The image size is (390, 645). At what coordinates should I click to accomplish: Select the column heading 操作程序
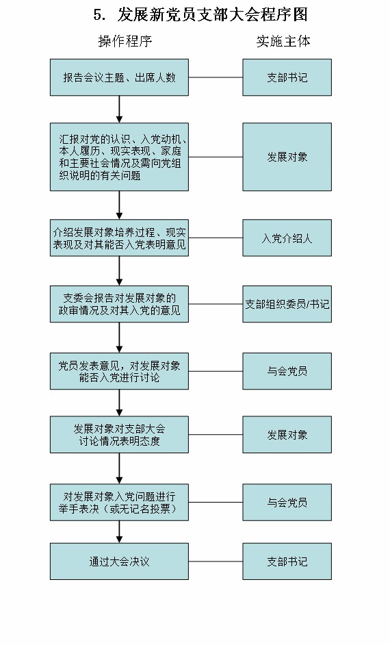125,41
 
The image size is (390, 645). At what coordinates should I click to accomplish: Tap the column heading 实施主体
283,41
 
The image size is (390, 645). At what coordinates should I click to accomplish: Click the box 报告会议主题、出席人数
119,77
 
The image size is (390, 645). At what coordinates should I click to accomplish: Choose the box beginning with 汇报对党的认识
119,157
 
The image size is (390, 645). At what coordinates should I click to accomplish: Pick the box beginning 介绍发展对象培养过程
119,238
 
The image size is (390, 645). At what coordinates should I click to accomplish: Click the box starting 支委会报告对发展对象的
119,304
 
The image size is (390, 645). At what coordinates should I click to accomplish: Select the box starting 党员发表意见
119,371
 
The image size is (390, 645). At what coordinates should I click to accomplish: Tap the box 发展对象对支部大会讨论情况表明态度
119,435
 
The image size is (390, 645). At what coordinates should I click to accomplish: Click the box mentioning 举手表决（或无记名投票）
119,503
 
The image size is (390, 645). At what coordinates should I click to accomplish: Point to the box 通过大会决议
119,561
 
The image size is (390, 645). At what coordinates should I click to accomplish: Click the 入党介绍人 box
287,238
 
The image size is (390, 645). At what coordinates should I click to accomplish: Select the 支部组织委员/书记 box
287,304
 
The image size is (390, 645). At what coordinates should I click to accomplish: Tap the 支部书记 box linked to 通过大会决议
287,561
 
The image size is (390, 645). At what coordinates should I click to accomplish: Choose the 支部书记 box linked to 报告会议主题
287,77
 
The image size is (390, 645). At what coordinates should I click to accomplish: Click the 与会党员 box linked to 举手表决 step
287,503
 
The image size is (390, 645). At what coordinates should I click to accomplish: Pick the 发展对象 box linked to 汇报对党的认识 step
287,157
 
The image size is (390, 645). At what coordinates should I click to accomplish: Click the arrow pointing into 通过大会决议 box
119,533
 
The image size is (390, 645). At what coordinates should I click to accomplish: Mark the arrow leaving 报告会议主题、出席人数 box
119,109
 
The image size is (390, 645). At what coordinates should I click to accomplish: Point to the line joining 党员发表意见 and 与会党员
216,371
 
